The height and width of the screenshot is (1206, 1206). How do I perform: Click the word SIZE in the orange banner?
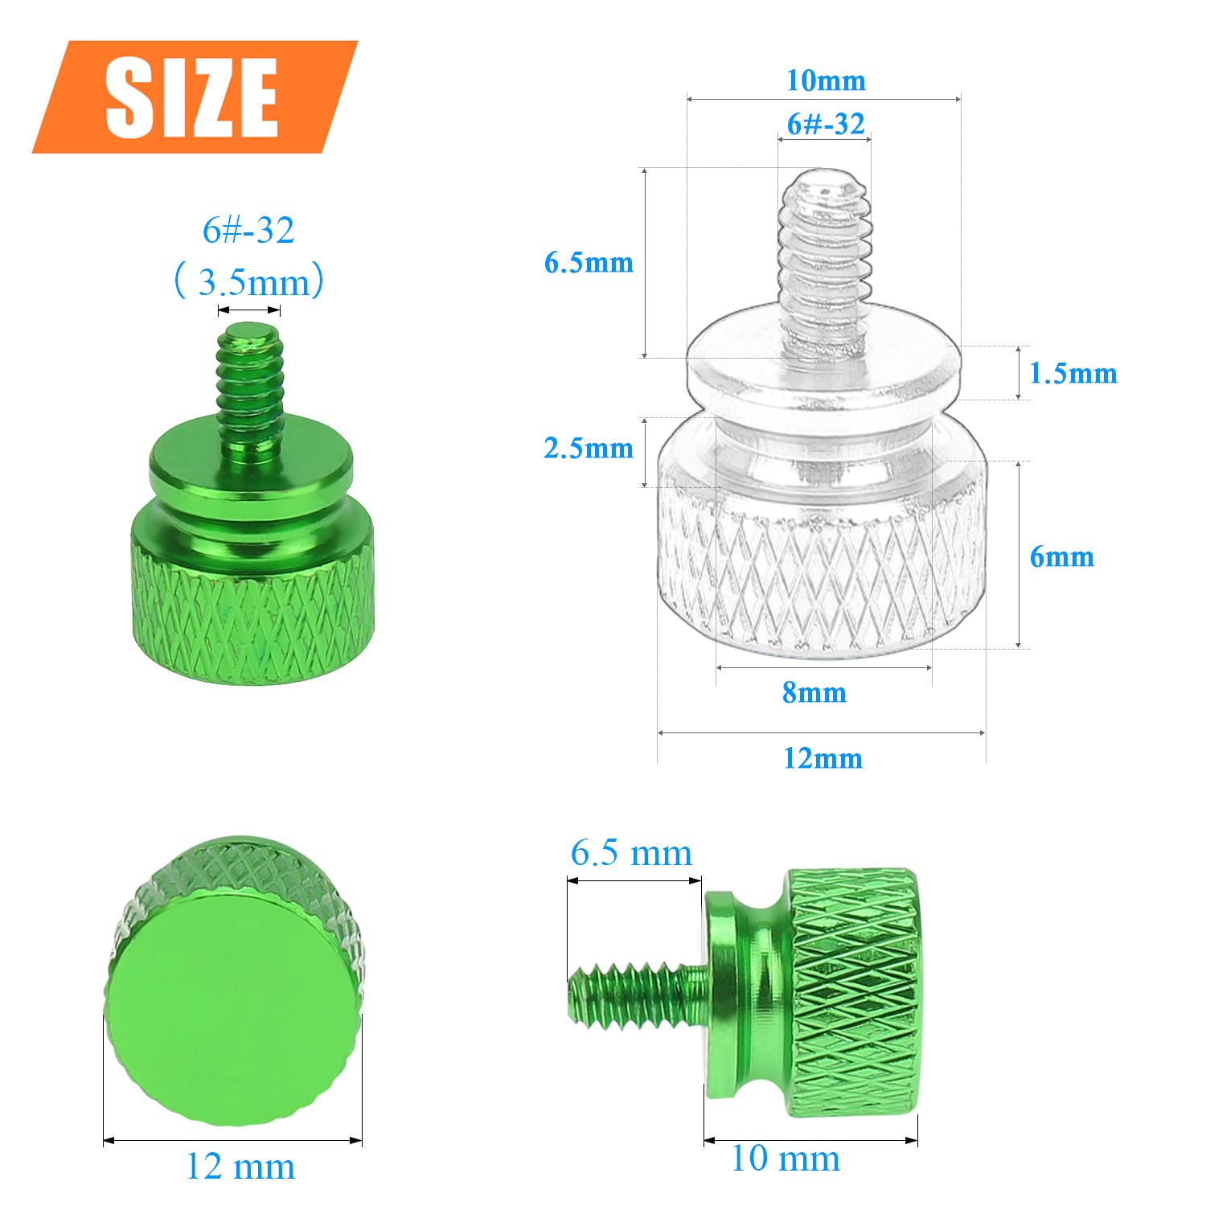tap(192, 97)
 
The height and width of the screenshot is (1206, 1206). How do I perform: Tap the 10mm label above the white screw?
tap(826, 80)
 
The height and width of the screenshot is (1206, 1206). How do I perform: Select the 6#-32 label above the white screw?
tap(826, 124)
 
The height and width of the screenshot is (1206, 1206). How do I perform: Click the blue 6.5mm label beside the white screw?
tap(589, 262)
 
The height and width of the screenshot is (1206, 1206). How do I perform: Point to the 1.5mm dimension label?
tap(1073, 373)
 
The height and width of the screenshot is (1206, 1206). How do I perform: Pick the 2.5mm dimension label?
tap(589, 448)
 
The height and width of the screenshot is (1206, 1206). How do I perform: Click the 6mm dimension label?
tap(1061, 556)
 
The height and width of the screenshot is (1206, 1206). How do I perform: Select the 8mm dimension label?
tap(814, 692)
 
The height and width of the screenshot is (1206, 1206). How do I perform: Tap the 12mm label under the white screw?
tap(822, 758)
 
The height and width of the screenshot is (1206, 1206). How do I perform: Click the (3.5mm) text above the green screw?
tap(249, 281)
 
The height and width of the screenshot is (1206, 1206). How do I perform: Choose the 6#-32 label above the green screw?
tap(248, 231)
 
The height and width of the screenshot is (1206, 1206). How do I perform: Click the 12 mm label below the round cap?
tap(240, 1166)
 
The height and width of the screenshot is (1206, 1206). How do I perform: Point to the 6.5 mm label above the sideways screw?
tap(631, 853)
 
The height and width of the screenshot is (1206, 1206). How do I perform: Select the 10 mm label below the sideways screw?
tap(786, 1159)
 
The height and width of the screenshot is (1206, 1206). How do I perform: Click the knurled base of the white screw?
tap(820, 579)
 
